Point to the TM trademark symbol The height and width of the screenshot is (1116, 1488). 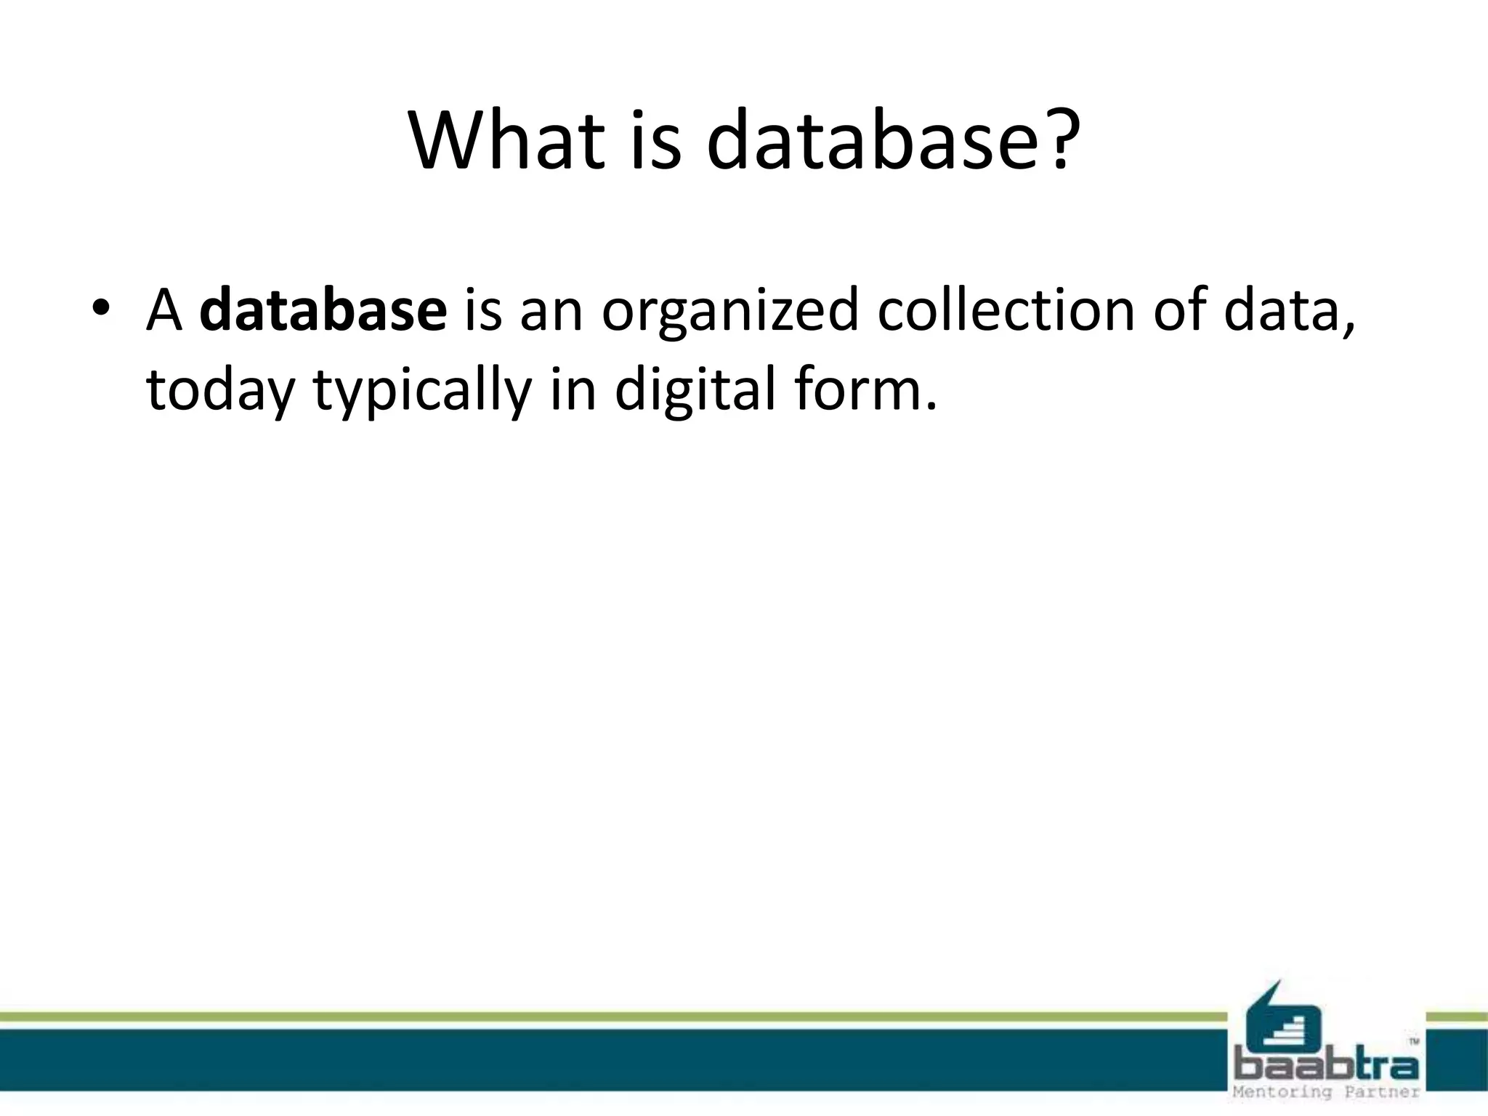coord(1414,1041)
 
